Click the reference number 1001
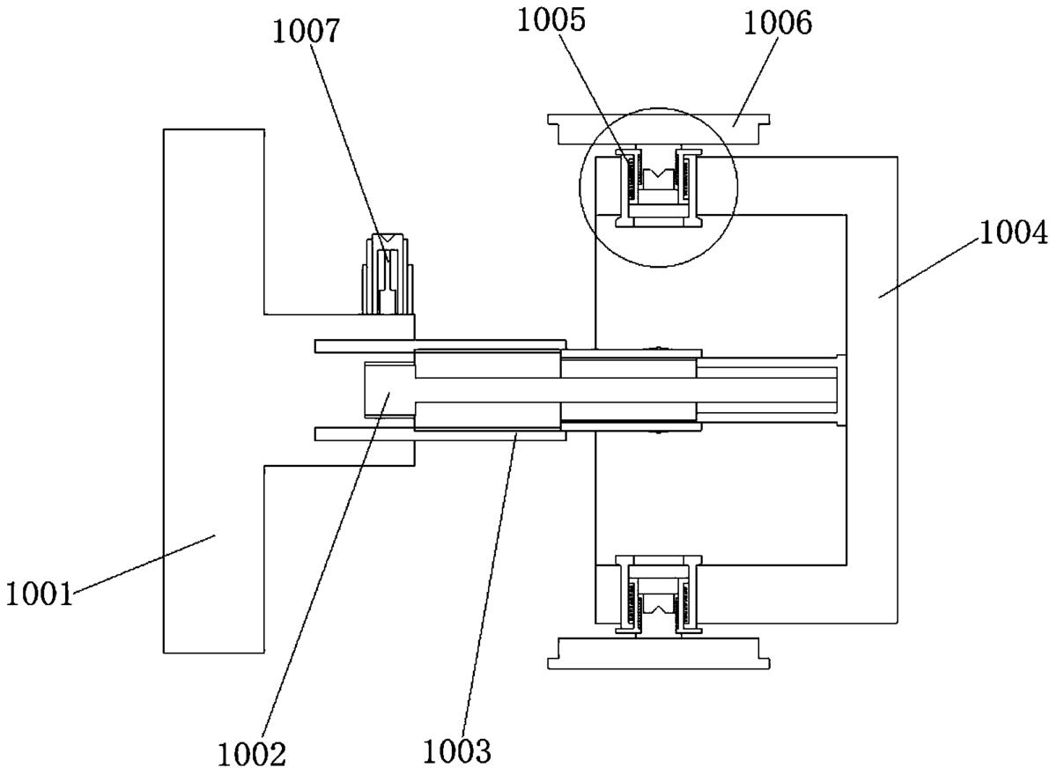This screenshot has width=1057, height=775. [40, 594]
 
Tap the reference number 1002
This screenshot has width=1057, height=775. [252, 756]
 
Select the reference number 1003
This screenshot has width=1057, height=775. [457, 752]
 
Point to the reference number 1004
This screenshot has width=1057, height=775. [1013, 233]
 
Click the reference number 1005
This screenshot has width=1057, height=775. [551, 21]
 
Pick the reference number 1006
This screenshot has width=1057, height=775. [778, 24]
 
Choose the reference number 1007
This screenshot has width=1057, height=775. [306, 32]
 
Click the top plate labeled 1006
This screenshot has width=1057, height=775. [659, 129]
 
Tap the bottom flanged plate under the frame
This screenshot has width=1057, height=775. [659, 653]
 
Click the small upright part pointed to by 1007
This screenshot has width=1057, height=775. [388, 274]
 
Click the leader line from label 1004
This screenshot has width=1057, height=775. [928, 267]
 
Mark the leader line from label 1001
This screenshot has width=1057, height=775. [144, 563]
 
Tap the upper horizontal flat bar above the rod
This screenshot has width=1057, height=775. [440, 346]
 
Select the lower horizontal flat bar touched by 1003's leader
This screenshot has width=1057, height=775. [440, 434]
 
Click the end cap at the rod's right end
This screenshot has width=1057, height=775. [841, 389]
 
